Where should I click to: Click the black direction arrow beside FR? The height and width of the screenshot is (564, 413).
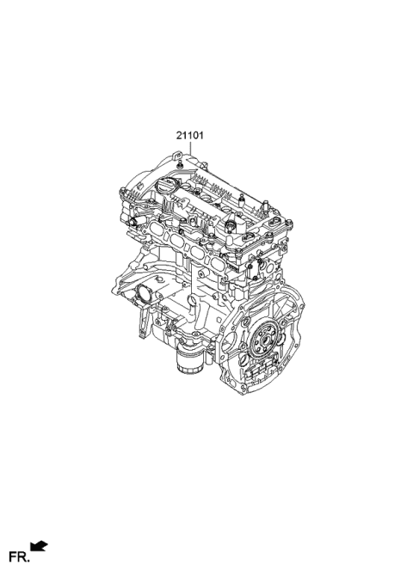[x=39, y=544]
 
